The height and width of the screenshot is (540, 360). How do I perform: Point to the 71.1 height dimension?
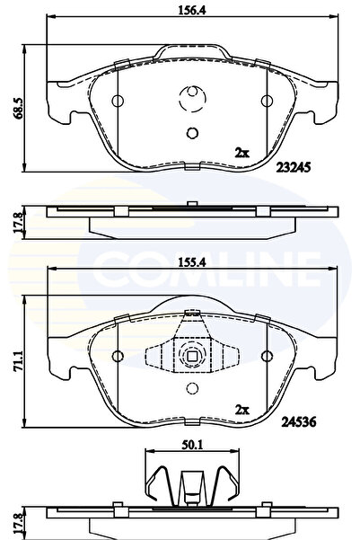coord(14,350)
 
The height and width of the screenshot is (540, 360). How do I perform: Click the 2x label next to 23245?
coord(241,153)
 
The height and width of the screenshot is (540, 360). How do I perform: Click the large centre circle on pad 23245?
coord(191,99)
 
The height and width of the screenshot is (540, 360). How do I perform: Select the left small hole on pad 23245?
coord(118,99)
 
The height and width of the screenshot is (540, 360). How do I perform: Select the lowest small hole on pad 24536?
coord(190,389)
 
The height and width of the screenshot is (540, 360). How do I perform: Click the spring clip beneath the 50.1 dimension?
coord(188,482)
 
